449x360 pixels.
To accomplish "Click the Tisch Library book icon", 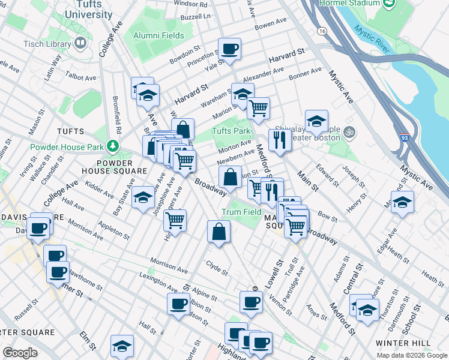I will pos(80,43).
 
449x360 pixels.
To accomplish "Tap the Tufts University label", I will pos(89,9).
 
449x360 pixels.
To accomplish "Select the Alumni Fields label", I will pos(158,37).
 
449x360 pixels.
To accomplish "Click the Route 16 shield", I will pos(322,46).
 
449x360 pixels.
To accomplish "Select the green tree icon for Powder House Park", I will pos(112,146).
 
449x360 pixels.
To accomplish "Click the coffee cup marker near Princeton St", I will pos(229,49).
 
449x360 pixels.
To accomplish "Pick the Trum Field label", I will pos(241,212).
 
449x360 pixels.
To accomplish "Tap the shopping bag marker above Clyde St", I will pos(218,232).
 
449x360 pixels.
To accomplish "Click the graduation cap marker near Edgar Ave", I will pos(402,202).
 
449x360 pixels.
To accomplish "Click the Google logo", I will pos(20,353).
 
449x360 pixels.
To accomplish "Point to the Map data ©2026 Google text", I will pos(411,355).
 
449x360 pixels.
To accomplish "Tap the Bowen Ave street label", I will pos(271,24).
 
